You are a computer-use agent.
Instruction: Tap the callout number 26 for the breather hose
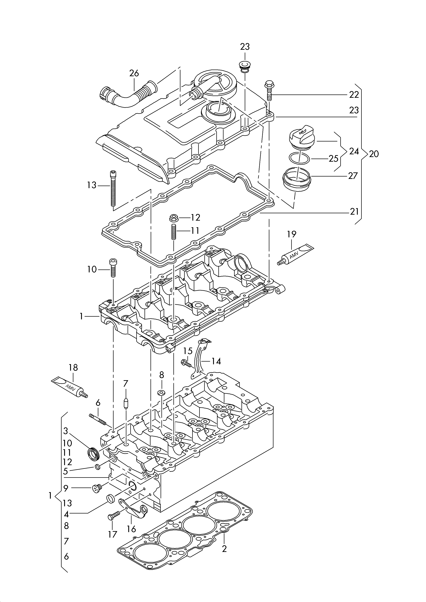click(134, 73)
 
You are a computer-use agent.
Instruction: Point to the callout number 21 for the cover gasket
click(354, 211)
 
